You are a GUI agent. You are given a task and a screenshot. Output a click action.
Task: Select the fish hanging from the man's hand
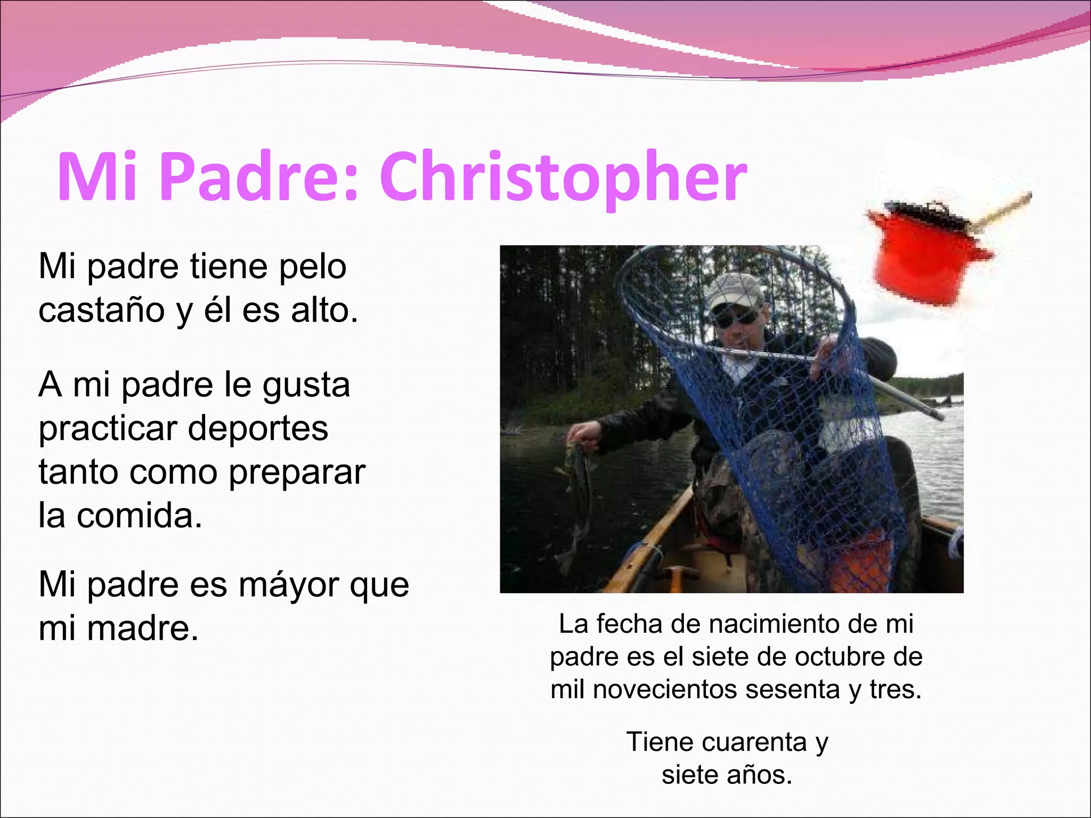(x=578, y=495)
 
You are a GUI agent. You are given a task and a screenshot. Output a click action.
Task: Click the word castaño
(x=101, y=310)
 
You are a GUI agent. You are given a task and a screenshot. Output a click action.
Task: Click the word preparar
(x=297, y=472)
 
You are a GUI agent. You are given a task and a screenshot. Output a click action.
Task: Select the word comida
(x=140, y=516)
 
